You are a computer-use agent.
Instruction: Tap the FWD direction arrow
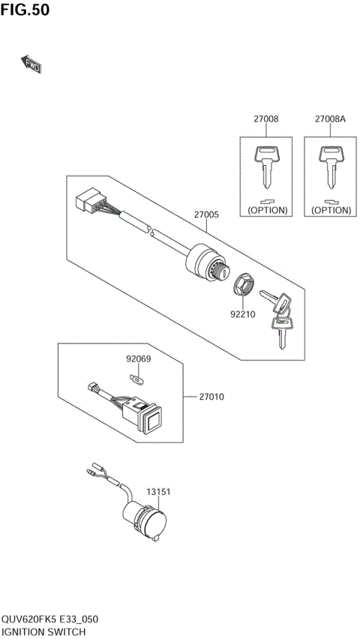(31, 65)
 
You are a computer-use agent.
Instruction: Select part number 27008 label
(266, 119)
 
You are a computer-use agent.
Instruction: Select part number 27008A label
(331, 119)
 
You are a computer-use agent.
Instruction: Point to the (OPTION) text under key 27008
(267, 210)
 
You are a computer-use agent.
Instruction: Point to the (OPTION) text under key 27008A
(331, 210)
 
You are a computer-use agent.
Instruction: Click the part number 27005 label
(206, 214)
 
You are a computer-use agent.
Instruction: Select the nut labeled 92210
(244, 286)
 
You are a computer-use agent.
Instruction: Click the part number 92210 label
(244, 314)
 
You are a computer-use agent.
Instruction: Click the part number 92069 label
(139, 359)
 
